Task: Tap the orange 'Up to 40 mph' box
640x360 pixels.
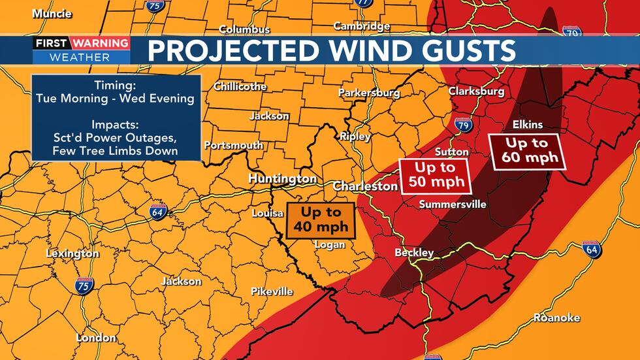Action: (321, 220)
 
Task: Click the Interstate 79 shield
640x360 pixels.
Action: (463, 124)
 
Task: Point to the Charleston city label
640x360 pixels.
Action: (365, 186)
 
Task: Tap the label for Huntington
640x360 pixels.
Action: (282, 178)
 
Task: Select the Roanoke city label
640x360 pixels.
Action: (556, 318)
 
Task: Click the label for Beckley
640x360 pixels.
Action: (414, 252)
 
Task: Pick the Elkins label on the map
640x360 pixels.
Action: (528, 124)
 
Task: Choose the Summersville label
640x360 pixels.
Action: (453, 205)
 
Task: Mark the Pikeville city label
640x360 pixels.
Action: (272, 291)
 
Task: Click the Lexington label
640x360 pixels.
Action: (72, 254)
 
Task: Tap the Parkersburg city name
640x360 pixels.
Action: (369, 93)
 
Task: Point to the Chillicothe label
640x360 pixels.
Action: (240, 86)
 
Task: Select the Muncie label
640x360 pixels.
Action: (53, 13)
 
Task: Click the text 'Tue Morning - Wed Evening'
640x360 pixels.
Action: (116, 99)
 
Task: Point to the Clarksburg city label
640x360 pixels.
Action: (476, 91)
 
